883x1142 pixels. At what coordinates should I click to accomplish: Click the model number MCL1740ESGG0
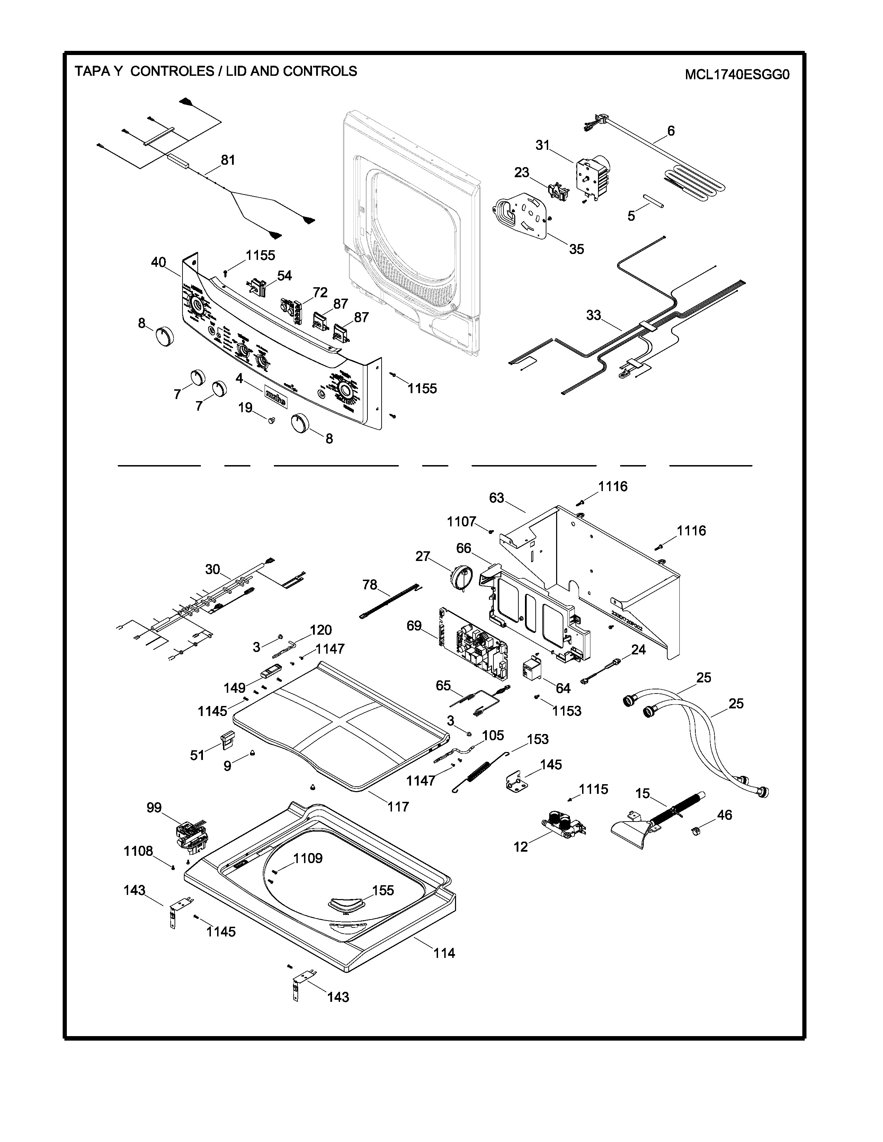coord(737,75)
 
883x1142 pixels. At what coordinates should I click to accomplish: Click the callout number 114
coord(444,953)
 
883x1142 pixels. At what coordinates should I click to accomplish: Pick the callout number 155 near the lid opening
coord(383,890)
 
